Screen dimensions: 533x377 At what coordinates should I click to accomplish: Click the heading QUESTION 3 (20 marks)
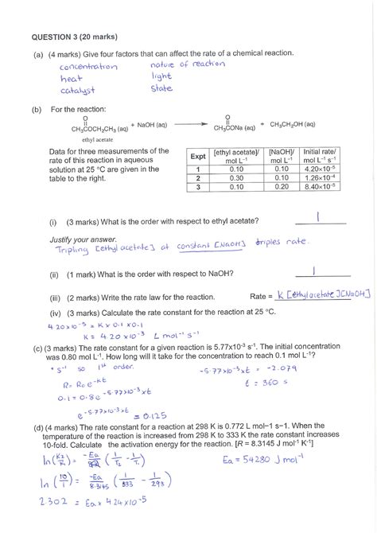[x=77, y=36]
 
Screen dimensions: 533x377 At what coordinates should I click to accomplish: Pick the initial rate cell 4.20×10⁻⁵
[x=321, y=169]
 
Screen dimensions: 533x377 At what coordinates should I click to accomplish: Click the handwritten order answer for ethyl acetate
[x=317, y=216]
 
